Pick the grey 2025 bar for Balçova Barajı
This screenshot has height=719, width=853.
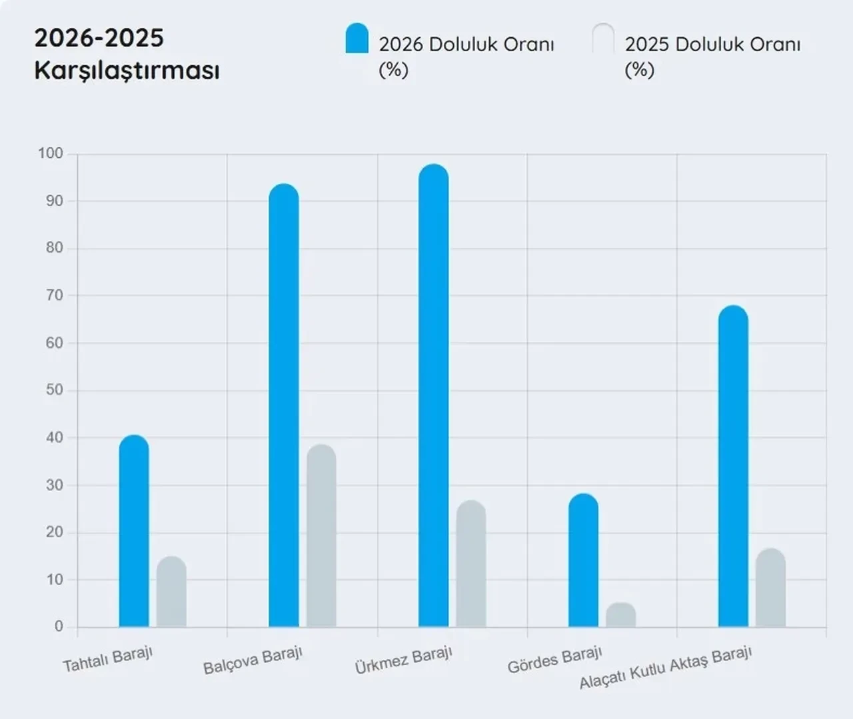coord(321,536)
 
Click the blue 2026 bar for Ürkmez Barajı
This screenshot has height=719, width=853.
coord(434,396)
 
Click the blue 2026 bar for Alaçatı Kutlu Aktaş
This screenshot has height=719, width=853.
coord(733,466)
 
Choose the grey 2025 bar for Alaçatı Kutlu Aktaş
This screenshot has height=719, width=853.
coord(771,588)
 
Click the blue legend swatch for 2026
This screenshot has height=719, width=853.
coord(357,39)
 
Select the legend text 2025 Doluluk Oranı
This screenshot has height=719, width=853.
coord(712,45)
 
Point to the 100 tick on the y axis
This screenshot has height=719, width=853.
coord(51,153)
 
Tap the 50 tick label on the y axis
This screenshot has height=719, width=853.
coord(55,390)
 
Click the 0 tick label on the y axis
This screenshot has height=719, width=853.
coord(59,626)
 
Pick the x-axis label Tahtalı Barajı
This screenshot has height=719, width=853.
coord(108,660)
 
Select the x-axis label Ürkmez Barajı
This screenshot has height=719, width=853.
coord(404,660)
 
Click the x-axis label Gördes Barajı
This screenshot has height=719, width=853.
coord(554,660)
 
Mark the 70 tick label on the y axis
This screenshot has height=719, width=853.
coord(55,295)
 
